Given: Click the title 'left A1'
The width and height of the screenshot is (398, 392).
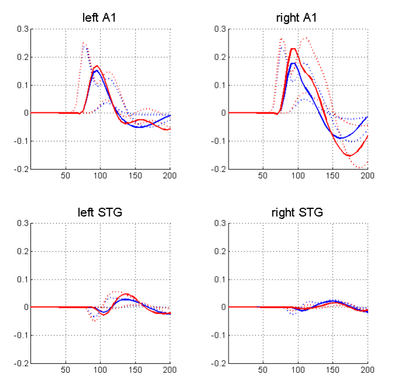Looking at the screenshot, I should coord(100,18).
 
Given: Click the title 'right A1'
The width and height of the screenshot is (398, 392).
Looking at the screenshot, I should coord(296,18).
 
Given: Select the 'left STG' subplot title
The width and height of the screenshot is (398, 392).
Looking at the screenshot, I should coord(100,212).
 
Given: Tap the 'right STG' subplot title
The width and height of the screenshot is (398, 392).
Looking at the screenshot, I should coord(296,212).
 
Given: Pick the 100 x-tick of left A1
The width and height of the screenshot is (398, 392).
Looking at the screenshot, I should coord(100,175).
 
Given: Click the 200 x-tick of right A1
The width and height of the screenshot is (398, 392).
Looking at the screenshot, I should coord(368,175).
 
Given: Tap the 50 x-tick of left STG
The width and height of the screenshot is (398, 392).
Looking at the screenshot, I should coord(65,369).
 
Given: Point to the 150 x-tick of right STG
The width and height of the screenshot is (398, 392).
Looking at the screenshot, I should coord(333,369).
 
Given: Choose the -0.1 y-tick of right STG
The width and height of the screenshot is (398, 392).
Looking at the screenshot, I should coord(219,335).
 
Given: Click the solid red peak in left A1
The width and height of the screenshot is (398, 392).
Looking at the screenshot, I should coord(97,66).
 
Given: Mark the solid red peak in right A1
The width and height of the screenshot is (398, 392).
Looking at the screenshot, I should coord(293,49).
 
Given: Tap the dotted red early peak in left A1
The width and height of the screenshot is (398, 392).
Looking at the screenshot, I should coord(84,43).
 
